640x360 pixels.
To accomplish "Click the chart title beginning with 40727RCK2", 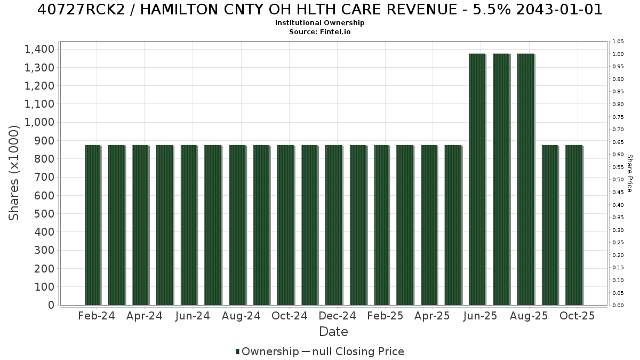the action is click(319, 10).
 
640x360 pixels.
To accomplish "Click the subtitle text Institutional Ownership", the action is click(319, 23).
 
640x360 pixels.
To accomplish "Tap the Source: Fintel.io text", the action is click(319, 31).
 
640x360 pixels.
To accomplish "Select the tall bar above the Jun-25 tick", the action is click(477, 179).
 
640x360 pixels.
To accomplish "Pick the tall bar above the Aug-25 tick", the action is click(526, 179).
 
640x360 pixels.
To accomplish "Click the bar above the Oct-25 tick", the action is click(574, 225).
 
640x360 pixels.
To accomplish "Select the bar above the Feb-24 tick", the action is click(93, 225).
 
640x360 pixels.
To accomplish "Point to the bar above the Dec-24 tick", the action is click(334, 225).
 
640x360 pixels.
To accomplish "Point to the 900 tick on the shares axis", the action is click(44, 141).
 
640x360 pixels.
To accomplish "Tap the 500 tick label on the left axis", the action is click(44, 214).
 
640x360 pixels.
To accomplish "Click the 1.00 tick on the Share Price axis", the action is click(618, 54).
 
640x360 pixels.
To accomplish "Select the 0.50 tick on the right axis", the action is click(618, 180).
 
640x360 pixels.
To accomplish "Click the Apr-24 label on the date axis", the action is click(145, 316).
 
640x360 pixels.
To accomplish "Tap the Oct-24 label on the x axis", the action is click(290, 316).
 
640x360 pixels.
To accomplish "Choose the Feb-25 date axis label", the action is click(385, 316).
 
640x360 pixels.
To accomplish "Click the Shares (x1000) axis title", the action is click(13, 173).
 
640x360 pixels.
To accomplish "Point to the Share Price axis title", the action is click(629, 173).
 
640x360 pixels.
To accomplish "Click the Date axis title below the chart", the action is click(333, 332).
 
